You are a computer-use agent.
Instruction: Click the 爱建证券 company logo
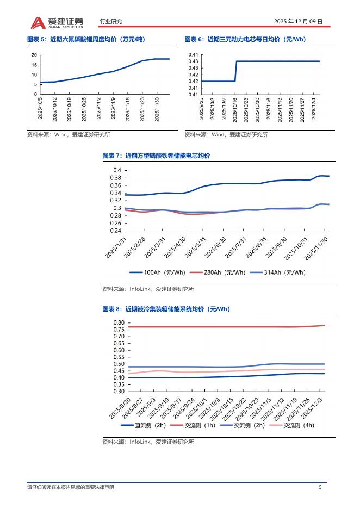pos(57,22)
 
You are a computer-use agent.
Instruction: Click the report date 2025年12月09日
pos(298,22)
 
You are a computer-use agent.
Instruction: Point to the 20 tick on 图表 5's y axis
pos(34,55)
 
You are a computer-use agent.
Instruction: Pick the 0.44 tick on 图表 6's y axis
pos(194,55)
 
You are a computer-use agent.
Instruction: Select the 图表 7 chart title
pos(156,156)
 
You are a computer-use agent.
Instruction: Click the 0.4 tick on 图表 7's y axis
pos(116,170)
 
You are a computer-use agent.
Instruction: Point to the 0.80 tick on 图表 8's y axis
pos(119,323)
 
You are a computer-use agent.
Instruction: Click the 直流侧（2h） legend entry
pos(143,425)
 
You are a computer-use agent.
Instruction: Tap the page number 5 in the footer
pos(320,487)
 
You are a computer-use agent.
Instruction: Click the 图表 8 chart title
pos(166,309)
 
